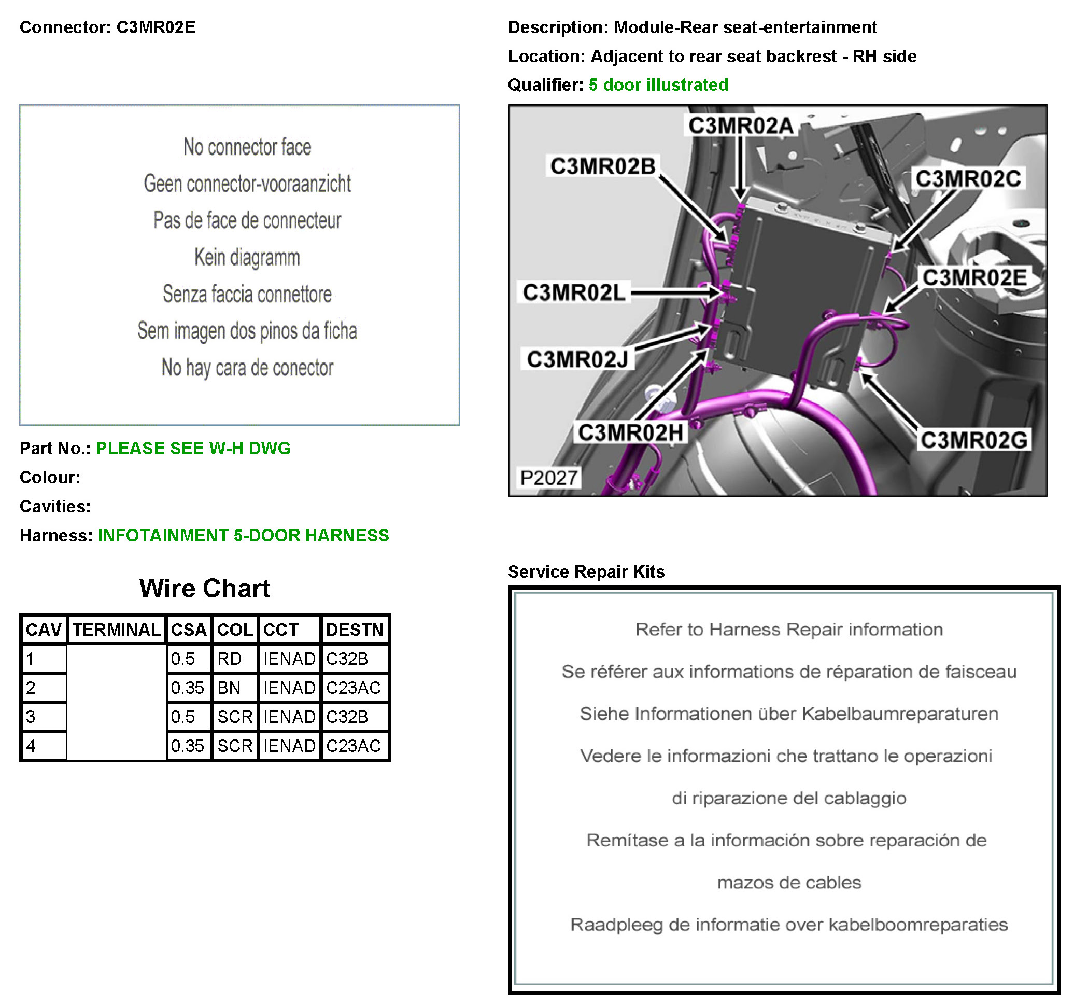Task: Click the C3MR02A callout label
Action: click(740, 125)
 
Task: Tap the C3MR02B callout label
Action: click(602, 166)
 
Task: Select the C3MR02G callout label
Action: click(973, 440)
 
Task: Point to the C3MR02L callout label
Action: click(574, 292)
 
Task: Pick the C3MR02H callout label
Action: click(630, 432)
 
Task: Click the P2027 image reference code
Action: click(548, 477)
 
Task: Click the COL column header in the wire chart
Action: click(234, 629)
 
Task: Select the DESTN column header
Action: click(355, 629)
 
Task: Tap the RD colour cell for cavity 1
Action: click(230, 659)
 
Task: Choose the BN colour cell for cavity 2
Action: click(229, 688)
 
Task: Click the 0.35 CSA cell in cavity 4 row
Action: click(188, 746)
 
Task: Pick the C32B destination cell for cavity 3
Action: click(347, 716)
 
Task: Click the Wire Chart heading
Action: click(204, 588)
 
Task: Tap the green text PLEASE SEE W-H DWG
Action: click(193, 448)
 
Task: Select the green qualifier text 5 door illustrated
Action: click(658, 85)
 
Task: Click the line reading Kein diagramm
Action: click(247, 257)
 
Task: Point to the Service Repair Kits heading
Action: click(586, 571)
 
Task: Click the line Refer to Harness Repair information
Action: click(788, 629)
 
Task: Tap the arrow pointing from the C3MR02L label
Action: click(675, 292)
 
